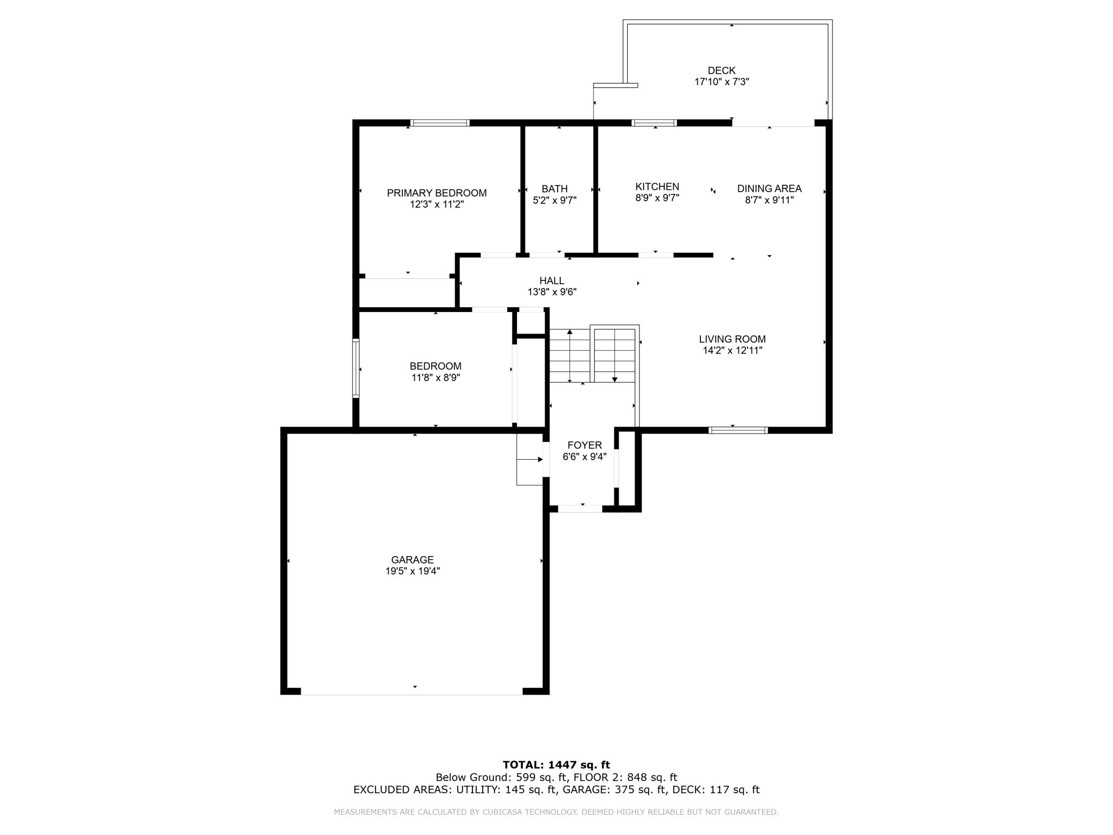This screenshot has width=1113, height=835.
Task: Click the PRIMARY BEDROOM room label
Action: point(437,193)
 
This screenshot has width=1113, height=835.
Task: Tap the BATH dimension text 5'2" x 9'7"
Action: point(554,200)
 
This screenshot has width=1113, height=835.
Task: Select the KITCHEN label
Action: point(657,186)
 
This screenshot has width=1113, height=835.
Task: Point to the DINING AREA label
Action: point(769,188)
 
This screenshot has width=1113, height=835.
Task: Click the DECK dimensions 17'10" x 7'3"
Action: point(721,82)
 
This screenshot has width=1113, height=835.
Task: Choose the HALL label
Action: point(552,280)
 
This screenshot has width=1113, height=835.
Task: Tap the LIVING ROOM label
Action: point(732,339)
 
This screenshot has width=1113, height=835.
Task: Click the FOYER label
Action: point(584,445)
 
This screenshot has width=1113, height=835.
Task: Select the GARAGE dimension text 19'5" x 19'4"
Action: point(412,571)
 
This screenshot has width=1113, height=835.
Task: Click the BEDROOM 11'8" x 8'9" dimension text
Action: point(436,377)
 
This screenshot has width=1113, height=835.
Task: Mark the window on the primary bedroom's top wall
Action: point(440,123)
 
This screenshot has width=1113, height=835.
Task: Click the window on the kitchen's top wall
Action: point(654,123)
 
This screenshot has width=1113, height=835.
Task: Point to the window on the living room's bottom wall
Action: point(738,430)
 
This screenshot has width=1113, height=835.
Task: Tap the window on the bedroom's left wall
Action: point(355,368)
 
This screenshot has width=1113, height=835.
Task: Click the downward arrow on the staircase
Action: point(615,379)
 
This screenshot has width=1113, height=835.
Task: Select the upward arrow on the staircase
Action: point(570,332)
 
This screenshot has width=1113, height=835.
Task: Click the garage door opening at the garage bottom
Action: point(411,691)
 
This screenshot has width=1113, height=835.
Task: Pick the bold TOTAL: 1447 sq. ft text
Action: point(556,765)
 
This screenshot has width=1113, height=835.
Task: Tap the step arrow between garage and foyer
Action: point(539,459)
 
